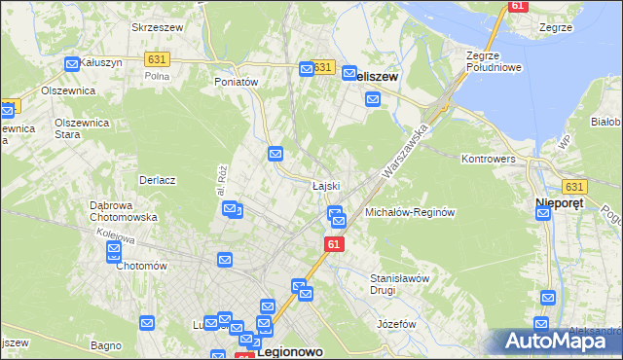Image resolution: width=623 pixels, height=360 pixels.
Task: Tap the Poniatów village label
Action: click(236, 83)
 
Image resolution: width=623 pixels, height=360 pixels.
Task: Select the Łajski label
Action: click(325, 185)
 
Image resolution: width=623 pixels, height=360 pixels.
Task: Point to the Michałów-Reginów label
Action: click(410, 212)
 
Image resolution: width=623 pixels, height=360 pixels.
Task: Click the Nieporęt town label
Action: click(560, 204)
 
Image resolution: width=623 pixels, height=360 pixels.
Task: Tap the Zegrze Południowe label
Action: click(489, 61)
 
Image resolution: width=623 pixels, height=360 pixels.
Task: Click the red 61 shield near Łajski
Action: click(334, 244)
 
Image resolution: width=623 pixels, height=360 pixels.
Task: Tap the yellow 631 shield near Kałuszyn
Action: click(157, 59)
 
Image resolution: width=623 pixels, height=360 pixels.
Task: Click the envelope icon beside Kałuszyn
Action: click(72, 64)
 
